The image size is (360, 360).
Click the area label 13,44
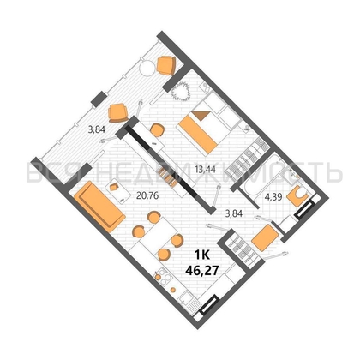[x=205, y=170]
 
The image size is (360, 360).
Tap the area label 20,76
[x=147, y=196]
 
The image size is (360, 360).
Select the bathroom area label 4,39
[x=273, y=197]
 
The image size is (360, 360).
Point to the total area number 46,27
[x=202, y=269]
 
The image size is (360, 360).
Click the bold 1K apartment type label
[x=202, y=255]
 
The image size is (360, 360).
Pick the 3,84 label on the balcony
[x=97, y=129]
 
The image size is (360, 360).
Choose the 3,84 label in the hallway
[x=234, y=213]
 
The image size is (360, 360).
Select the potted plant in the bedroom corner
[x=181, y=91]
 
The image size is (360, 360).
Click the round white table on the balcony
[x=147, y=69]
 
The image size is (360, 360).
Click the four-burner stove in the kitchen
[x=161, y=277]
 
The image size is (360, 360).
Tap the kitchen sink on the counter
[x=187, y=299]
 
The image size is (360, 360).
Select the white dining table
[x=159, y=234]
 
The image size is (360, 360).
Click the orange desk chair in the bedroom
[x=157, y=130]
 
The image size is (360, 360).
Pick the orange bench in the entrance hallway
[x=265, y=238]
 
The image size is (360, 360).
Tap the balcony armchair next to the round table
[x=166, y=65]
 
